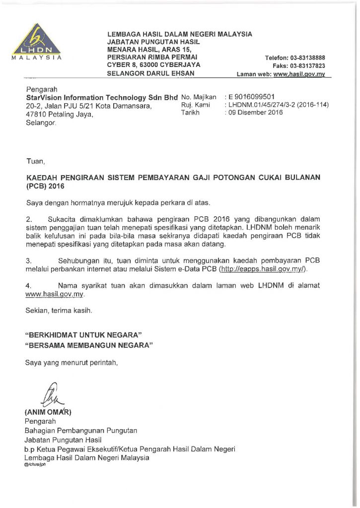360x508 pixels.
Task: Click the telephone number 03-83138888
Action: coord(308,57)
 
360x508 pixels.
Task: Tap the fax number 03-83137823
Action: coord(307,65)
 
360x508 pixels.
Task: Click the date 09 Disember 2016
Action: coord(255,112)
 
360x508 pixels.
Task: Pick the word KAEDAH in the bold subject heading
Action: coord(44,177)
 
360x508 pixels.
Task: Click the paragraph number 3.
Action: coord(28,260)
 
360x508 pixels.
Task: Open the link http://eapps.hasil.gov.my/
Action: coord(263,268)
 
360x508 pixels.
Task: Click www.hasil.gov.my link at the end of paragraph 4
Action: coord(55,294)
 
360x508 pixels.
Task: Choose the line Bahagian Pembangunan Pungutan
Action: coord(81,430)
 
